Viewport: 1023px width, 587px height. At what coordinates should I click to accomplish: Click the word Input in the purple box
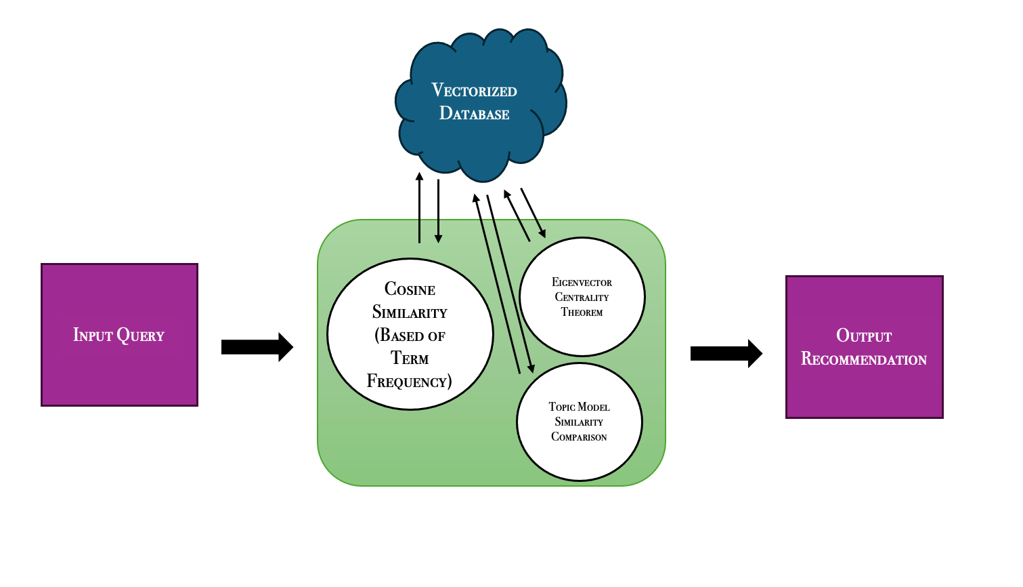click(x=93, y=335)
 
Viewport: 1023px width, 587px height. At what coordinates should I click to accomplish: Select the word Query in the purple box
click(x=141, y=335)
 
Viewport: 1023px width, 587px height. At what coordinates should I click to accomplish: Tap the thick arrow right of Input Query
click(x=257, y=347)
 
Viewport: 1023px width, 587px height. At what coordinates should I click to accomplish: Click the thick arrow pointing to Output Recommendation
click(x=726, y=353)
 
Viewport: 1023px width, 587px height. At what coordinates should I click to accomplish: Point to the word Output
click(x=864, y=336)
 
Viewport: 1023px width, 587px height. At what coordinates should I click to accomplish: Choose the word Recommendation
click(x=864, y=359)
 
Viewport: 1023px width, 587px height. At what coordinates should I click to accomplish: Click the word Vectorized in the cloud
click(x=474, y=91)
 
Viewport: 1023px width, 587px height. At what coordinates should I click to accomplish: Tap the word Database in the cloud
click(x=474, y=114)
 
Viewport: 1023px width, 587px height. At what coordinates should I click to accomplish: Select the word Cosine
click(x=410, y=289)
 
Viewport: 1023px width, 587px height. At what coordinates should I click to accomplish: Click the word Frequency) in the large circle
click(x=409, y=382)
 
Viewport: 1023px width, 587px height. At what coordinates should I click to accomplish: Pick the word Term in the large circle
click(x=410, y=359)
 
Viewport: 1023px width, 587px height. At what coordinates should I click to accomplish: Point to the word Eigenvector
click(x=582, y=283)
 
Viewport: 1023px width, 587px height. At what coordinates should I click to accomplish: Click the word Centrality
click(x=582, y=298)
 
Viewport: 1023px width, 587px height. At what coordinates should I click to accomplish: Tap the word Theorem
click(x=582, y=312)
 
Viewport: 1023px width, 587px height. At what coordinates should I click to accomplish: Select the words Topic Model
click(x=579, y=407)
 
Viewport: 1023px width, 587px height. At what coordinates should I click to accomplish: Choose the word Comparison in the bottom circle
click(x=579, y=437)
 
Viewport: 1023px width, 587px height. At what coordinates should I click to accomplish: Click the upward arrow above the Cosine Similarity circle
click(x=419, y=207)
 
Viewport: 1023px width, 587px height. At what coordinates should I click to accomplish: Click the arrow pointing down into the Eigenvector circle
click(x=534, y=214)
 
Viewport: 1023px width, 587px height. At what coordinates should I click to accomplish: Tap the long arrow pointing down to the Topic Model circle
click(x=510, y=285)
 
